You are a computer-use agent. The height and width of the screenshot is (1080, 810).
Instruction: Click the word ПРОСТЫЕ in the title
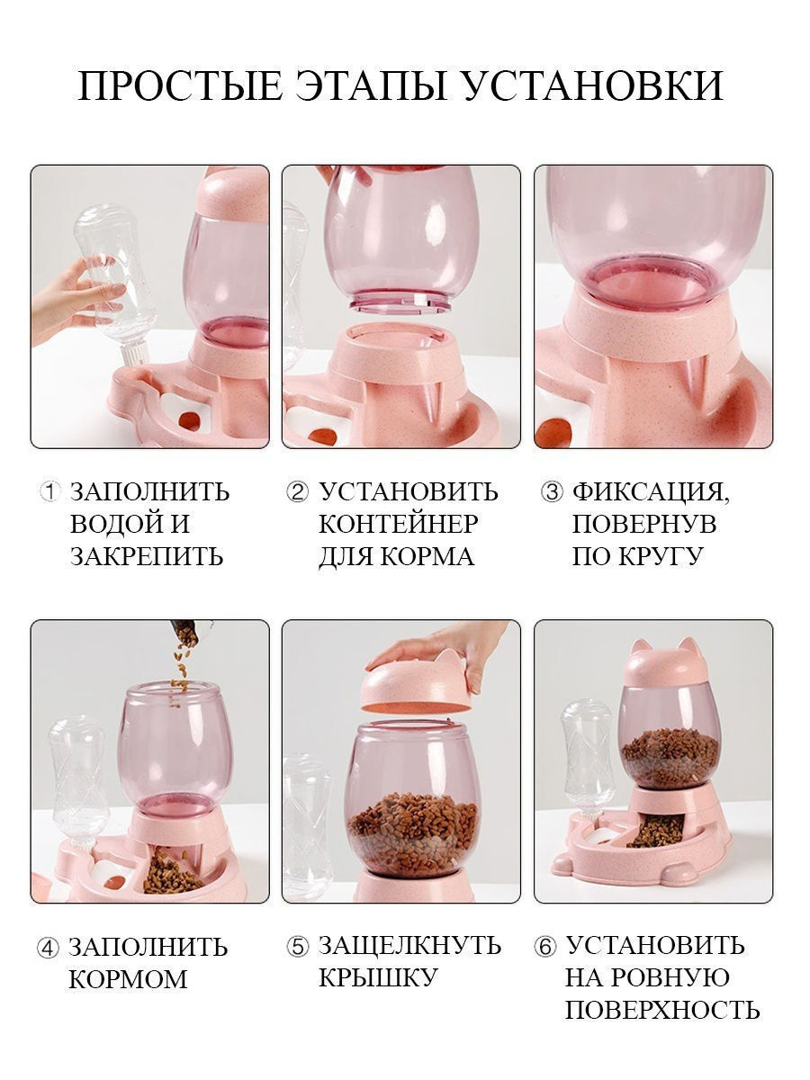coord(180,85)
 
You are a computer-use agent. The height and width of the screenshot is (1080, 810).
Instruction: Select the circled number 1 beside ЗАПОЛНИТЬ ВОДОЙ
coord(49,491)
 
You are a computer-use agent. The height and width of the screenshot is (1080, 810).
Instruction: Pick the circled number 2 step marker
coord(298,491)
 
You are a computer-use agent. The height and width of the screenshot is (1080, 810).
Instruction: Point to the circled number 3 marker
coord(552,491)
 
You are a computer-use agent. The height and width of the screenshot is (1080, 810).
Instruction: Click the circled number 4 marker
coord(49,945)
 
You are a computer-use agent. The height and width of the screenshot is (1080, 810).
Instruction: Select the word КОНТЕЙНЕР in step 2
coord(399,524)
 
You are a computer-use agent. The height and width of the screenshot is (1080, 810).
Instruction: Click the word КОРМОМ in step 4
coord(128,977)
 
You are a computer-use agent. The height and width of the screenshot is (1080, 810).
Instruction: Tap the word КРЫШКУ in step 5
coord(378,976)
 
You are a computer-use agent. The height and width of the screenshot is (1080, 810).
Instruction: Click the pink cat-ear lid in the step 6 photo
coord(669,662)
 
